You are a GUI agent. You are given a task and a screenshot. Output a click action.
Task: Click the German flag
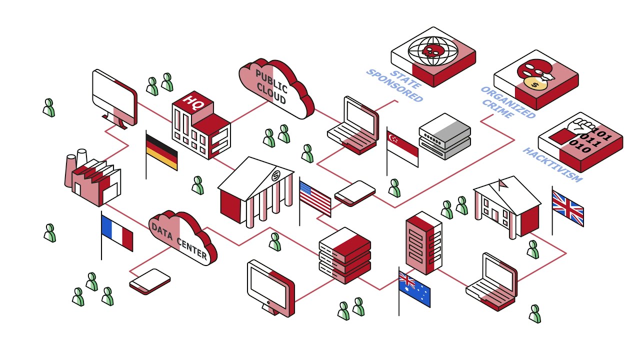tap(161, 152)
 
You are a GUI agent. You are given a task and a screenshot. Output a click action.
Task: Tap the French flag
tap(117, 232)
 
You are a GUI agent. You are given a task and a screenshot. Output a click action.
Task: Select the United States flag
tap(315, 198)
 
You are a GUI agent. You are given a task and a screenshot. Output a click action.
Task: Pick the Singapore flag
tap(403, 148)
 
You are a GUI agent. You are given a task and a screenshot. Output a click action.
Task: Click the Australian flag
tap(414, 289)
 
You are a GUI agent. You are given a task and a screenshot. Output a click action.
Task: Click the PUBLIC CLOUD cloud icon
tap(275, 88)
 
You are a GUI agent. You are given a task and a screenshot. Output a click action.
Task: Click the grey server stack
tap(444, 136)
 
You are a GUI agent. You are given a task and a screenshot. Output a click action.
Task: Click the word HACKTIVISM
tap(552, 164)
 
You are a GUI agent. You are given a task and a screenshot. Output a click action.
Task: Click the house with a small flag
tap(507, 205)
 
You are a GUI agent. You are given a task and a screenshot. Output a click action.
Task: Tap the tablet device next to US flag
tap(355, 193)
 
